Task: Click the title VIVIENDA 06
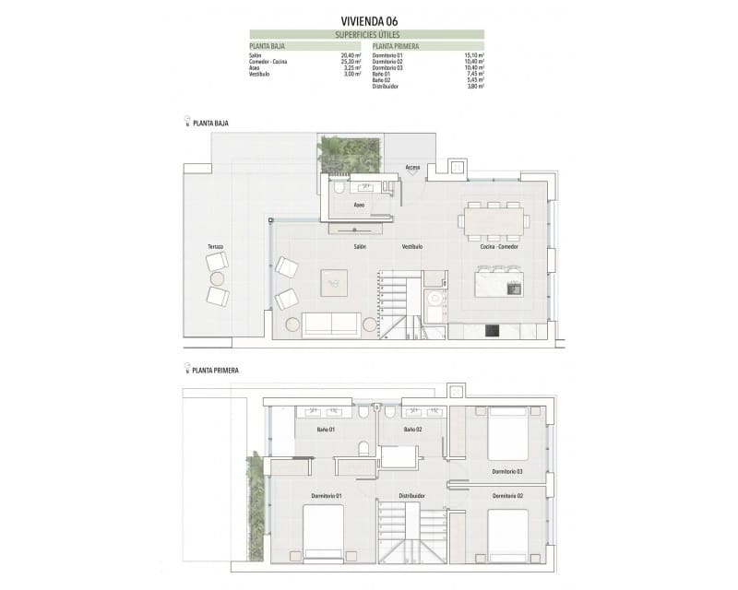click(368, 21)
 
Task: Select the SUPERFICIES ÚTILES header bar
click(368, 35)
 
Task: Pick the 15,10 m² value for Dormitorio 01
click(475, 55)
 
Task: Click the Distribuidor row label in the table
click(387, 86)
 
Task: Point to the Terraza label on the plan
click(216, 247)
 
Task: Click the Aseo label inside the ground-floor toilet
click(359, 205)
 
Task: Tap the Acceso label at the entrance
click(412, 168)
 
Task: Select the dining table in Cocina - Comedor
click(494, 220)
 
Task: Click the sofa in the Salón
click(331, 324)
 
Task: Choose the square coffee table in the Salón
click(334, 282)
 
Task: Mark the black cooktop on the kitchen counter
click(491, 329)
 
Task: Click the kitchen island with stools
click(498, 283)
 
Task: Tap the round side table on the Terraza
click(218, 278)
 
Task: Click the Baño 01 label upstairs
click(326, 430)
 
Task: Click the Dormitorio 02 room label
click(507, 496)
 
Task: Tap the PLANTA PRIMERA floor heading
click(215, 370)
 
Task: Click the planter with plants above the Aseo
click(349, 154)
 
